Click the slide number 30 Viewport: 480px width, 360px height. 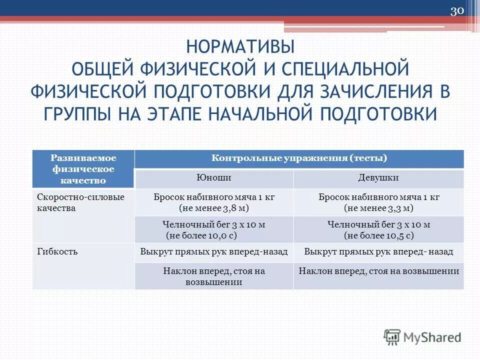[x=457, y=11]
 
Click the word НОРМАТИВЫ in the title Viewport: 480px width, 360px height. [x=240, y=48]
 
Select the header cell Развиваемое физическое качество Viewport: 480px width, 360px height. [x=84, y=169]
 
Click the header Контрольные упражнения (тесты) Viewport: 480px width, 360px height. [x=299, y=158]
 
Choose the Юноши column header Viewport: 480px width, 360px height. [x=214, y=178]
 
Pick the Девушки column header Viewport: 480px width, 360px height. [x=378, y=178]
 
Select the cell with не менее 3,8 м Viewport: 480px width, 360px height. [x=214, y=202]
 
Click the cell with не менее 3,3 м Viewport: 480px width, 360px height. [x=378, y=202]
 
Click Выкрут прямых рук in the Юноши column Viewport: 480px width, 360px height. [x=214, y=252]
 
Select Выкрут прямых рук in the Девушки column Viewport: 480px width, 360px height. [x=378, y=252]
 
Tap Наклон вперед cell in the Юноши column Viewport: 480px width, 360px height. [x=214, y=276]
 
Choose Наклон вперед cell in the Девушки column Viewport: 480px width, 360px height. [x=378, y=271]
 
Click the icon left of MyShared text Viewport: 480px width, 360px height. [x=392, y=337]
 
